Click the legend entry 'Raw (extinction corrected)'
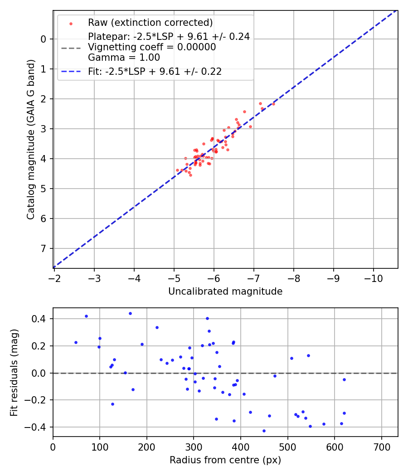click(x=150, y=23)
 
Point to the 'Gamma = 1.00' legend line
click(x=124, y=58)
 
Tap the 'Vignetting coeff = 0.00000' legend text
click(x=152, y=47)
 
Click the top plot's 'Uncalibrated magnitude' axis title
click(x=225, y=291)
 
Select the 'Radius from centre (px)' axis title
click(x=225, y=460)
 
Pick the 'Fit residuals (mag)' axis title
click(x=14, y=373)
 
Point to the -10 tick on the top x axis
click(x=373, y=277)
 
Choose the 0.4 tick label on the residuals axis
click(x=39, y=319)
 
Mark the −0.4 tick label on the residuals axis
click(x=37, y=427)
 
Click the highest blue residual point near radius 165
click(x=130, y=313)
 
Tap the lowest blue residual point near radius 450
click(x=264, y=431)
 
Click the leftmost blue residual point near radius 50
click(x=76, y=342)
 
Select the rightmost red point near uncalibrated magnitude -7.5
click(x=273, y=104)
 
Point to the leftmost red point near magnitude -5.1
click(x=177, y=170)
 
